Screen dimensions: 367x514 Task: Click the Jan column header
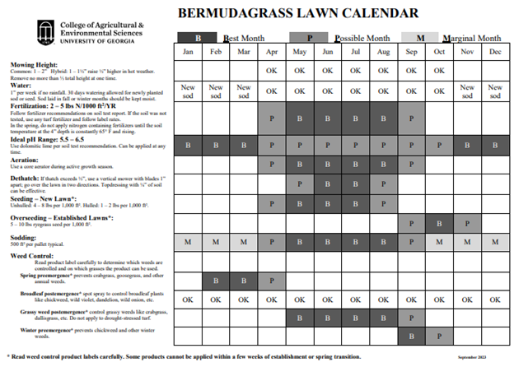point(189,52)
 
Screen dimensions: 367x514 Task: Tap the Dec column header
point(495,52)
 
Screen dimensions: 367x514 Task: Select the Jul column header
point(355,52)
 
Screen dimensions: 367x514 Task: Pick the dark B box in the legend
point(198,38)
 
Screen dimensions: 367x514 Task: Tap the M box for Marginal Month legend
point(419,38)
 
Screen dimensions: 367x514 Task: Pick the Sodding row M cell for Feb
point(217,243)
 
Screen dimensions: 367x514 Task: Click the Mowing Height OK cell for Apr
point(272,70)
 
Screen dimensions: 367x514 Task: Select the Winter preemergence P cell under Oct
point(439,336)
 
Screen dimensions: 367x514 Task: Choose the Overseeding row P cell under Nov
point(467,223)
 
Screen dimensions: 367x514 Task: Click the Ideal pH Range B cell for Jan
point(189,146)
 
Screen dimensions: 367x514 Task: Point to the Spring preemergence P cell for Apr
point(272,281)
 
